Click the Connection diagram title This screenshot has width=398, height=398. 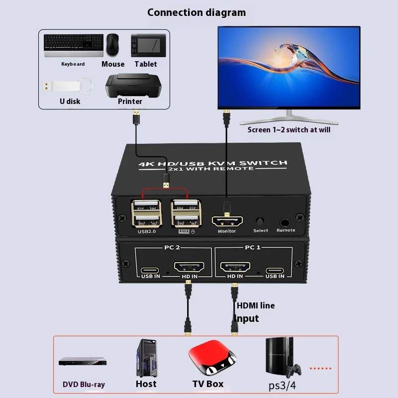pos(197,12)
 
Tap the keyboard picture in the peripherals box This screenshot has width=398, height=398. pos(73,45)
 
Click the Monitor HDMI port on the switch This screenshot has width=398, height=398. pos(227,221)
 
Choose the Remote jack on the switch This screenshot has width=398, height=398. pos(286,222)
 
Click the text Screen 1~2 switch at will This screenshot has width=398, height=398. pos(289,130)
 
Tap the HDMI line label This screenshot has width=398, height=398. pos(256,305)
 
